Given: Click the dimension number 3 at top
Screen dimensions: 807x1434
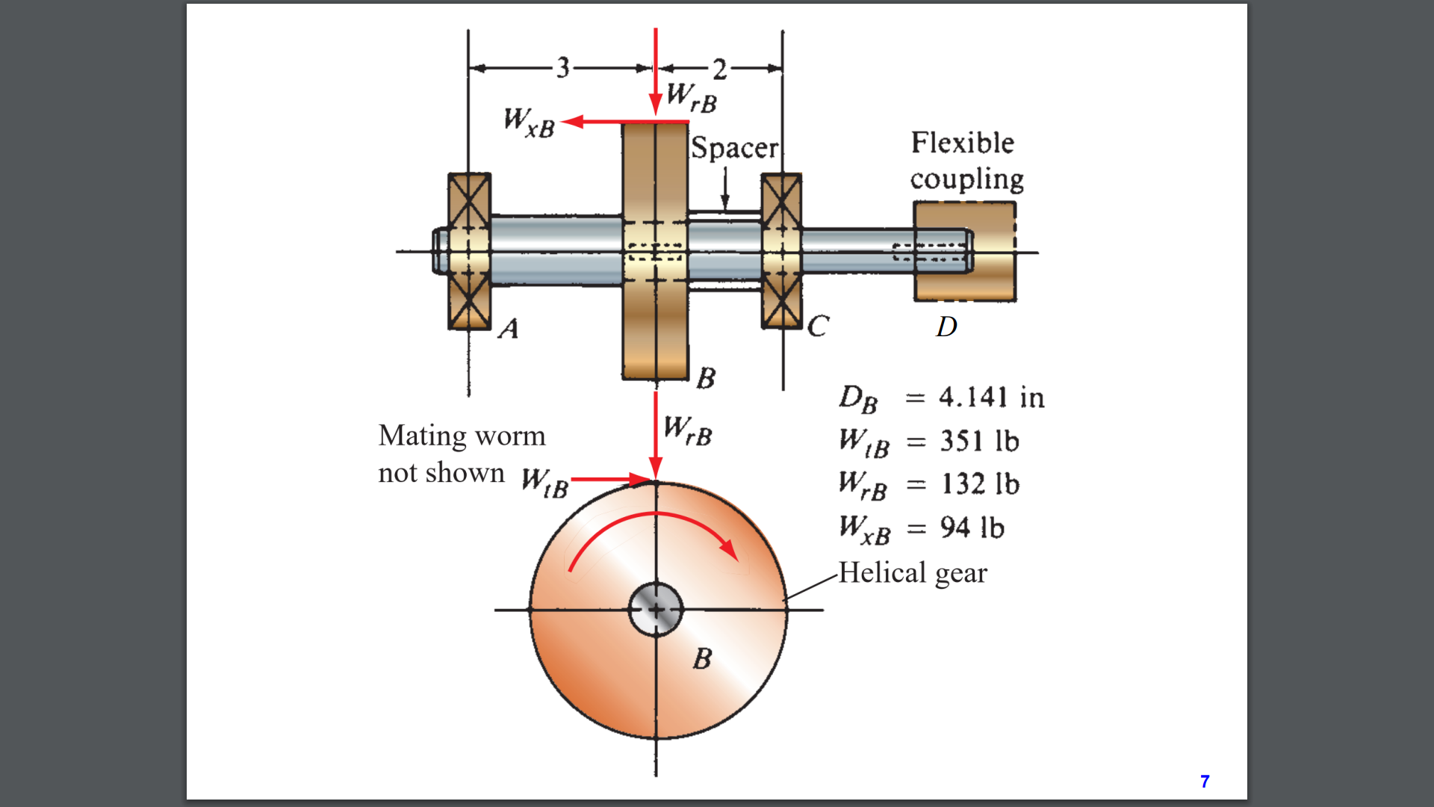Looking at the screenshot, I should point(562,68).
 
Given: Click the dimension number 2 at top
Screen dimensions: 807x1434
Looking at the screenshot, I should point(719,69).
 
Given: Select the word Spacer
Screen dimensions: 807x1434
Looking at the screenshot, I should point(734,147).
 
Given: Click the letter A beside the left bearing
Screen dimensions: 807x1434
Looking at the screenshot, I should point(509,328).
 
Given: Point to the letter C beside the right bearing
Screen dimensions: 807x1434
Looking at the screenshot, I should point(818,326).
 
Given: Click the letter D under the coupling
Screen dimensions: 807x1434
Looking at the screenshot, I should point(946,327).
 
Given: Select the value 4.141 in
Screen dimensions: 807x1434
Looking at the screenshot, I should point(991,397).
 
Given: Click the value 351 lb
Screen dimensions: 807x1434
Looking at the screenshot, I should point(979,441).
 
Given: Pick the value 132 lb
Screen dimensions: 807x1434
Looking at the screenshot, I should point(980,484).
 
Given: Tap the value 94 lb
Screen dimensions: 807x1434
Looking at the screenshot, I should point(972,528).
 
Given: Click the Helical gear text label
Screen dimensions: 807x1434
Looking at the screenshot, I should point(912,573).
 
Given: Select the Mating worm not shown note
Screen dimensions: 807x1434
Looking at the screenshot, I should point(461,454).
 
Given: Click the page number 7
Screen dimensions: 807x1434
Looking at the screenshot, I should point(1204,781).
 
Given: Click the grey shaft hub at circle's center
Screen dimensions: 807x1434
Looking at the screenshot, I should point(656,610).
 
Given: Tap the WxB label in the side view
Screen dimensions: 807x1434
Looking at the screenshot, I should point(529,122).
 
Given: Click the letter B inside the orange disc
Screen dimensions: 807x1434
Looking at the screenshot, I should point(702,658).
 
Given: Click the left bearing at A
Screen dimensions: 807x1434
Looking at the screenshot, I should point(469,252).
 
